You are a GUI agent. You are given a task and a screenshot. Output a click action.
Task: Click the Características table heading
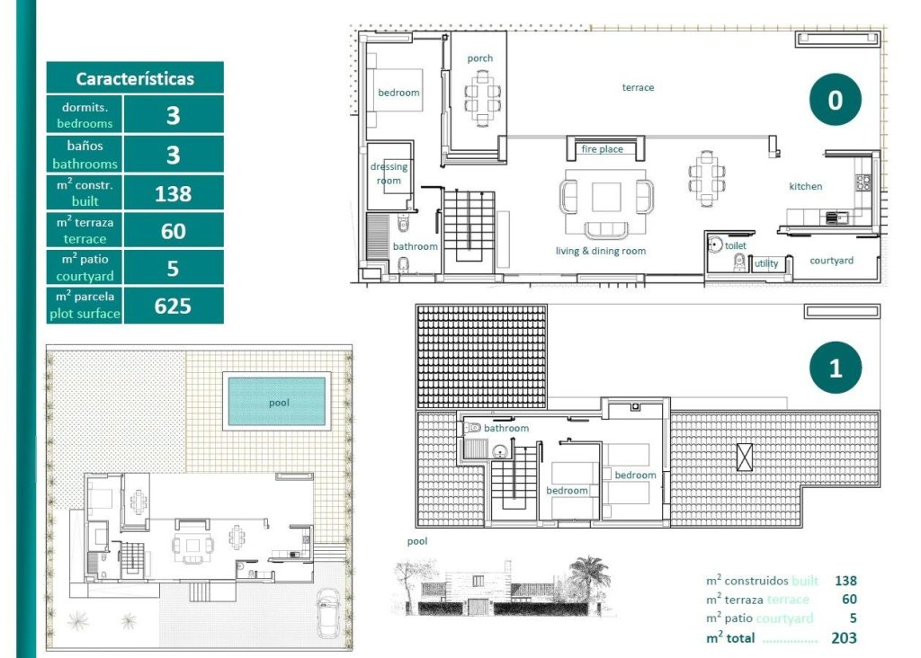135,78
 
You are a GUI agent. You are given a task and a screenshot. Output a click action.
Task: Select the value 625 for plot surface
173,306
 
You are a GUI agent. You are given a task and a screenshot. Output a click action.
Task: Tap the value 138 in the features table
173,192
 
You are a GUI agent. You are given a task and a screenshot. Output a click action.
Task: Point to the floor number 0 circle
835,100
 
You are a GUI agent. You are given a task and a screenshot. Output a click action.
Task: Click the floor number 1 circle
835,369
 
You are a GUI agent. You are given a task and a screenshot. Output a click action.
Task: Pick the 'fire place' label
602,149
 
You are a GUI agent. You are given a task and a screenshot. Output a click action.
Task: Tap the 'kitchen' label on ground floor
805,186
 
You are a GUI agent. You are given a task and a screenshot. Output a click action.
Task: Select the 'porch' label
479,58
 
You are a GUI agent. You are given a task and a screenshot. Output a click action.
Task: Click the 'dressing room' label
389,173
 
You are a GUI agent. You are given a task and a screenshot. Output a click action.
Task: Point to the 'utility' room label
766,263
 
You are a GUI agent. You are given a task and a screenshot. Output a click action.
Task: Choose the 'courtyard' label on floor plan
831,261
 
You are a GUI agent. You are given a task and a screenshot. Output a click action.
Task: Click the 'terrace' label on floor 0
638,87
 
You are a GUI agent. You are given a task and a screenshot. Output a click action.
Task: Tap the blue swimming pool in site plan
277,402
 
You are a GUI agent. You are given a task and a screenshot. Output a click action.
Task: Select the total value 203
844,638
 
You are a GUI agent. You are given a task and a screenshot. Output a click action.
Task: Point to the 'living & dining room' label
600,251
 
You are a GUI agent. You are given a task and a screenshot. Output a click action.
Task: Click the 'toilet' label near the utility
735,245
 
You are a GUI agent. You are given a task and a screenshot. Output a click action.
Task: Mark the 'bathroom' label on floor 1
506,428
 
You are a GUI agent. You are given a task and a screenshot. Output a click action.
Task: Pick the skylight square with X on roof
744,457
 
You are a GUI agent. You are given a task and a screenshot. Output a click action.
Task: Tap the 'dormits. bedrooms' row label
85,115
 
